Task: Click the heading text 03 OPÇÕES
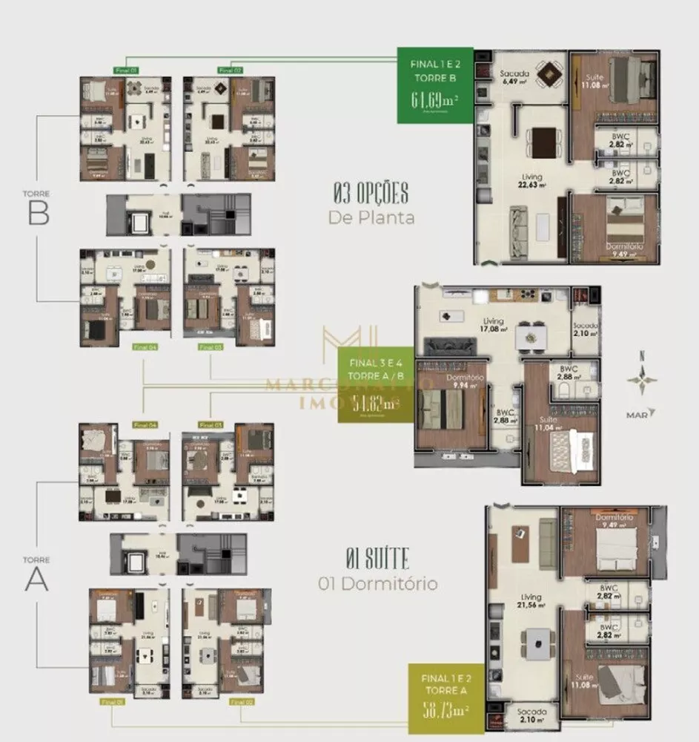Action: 371,194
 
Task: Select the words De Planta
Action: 371,217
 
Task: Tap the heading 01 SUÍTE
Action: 377,557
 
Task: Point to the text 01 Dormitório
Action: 377,583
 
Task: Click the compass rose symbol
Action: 641,380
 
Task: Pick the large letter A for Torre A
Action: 37,579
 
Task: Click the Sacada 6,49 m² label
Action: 514,78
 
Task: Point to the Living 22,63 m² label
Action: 531,181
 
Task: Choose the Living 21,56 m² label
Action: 531,600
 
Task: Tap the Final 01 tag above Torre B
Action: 127,70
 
